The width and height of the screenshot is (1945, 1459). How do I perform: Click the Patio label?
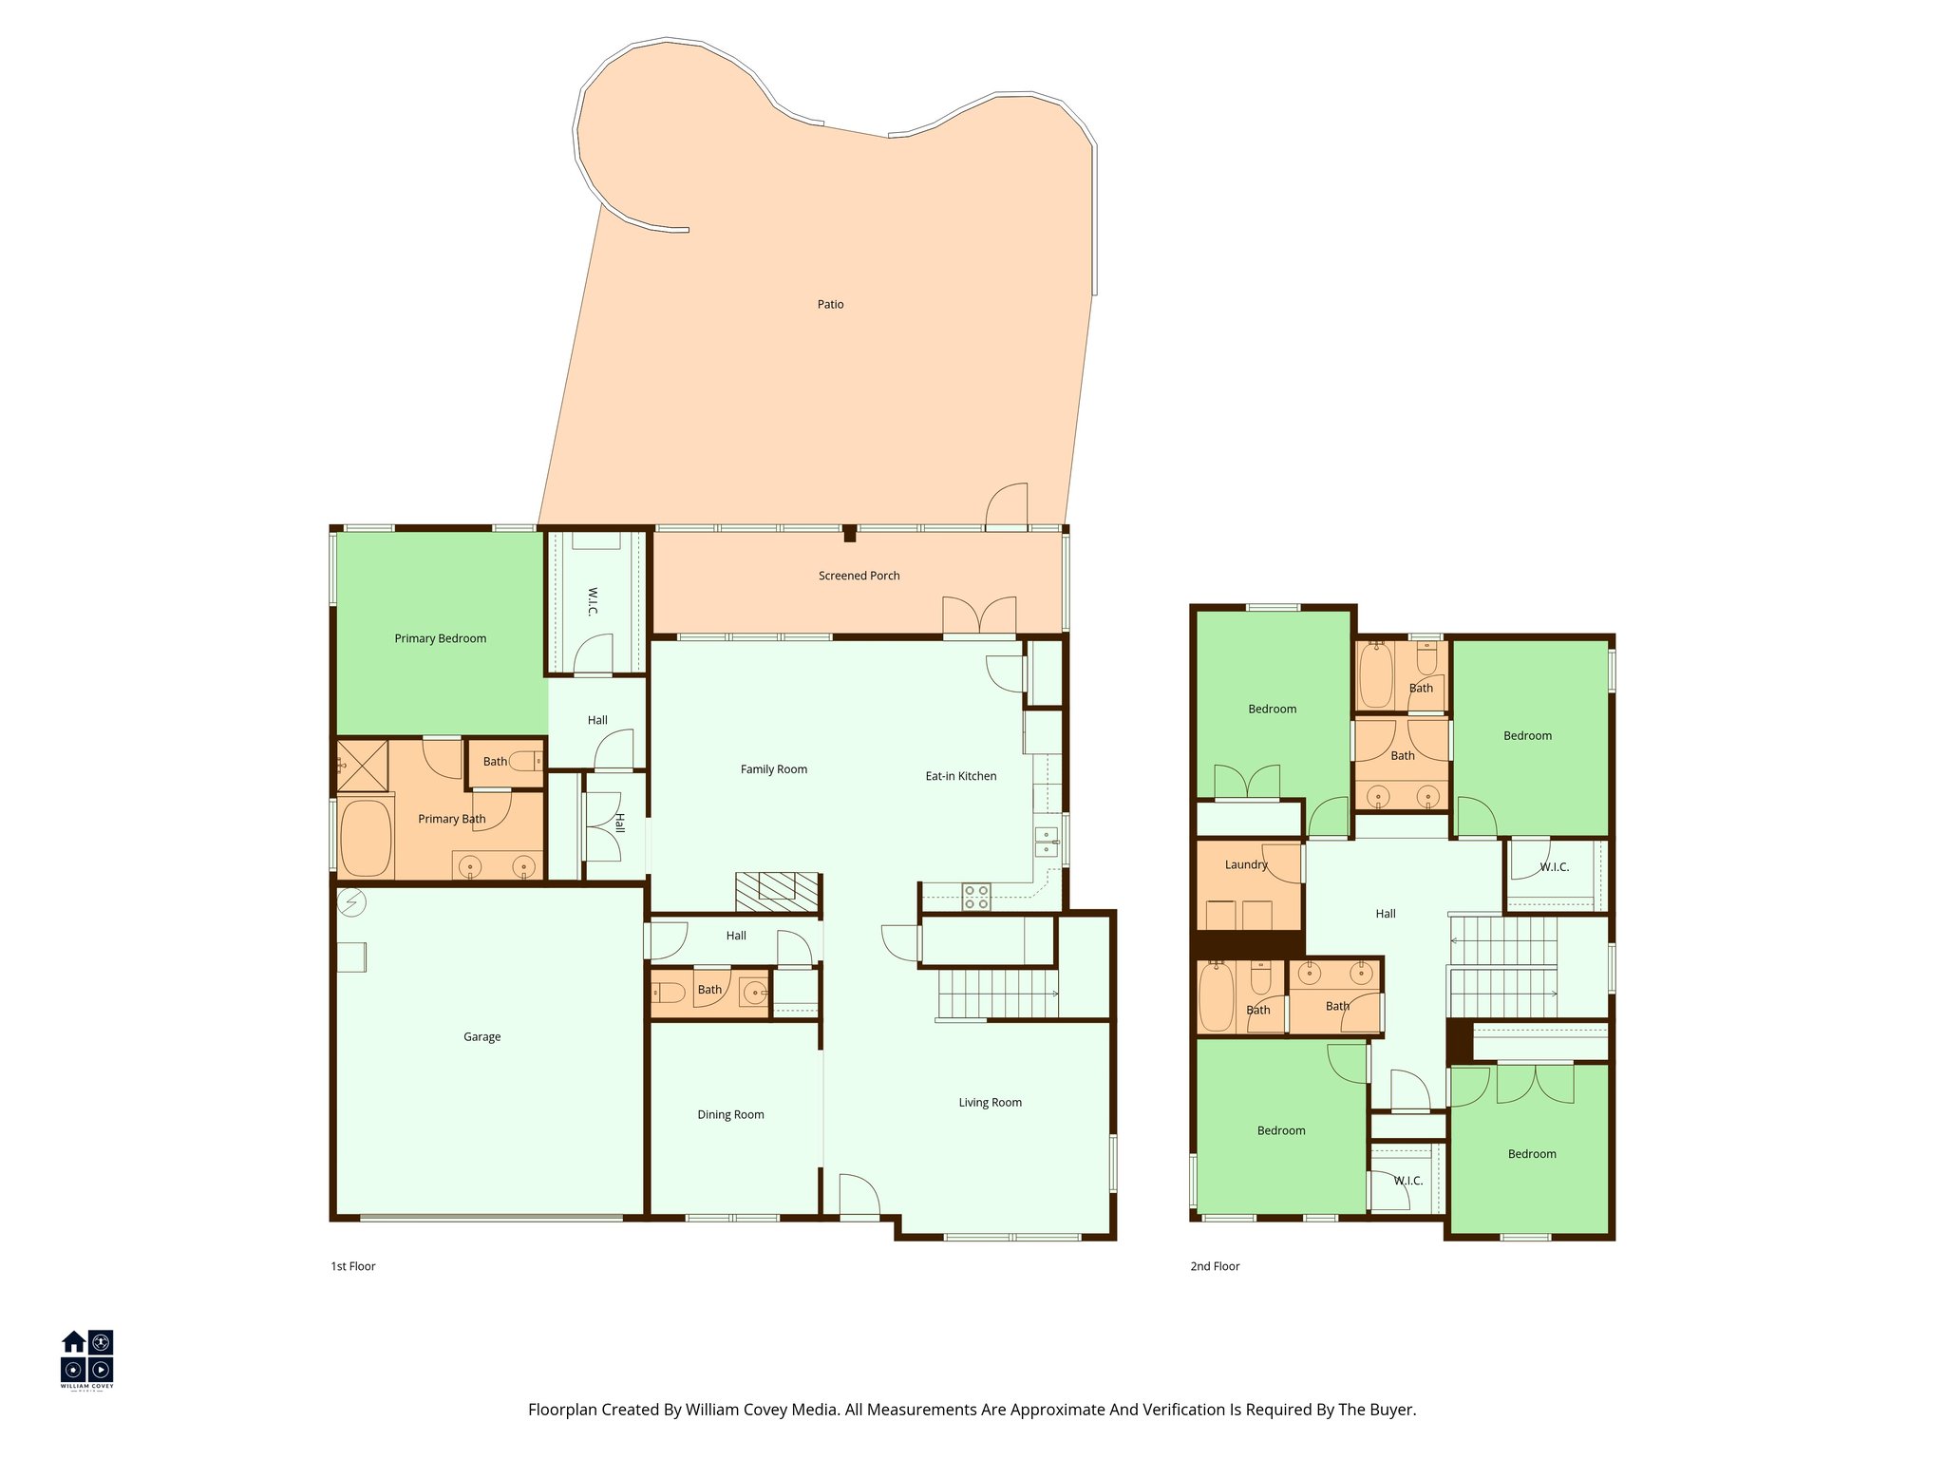[x=830, y=304]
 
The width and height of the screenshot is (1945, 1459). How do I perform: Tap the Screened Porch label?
[x=859, y=576]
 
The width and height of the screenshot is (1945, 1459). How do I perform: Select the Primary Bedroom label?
[x=440, y=638]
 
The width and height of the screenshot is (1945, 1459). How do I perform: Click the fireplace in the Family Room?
[x=777, y=892]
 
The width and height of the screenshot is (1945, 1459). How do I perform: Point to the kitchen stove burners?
[x=976, y=897]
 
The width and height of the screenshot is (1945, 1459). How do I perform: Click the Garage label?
[x=482, y=1036]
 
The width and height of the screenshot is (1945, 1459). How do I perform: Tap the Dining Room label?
[x=730, y=1114]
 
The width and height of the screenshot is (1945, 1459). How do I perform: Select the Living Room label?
[x=990, y=1102]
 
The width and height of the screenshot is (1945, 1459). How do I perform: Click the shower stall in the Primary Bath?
[x=362, y=765]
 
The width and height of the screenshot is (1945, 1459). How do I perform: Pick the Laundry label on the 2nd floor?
[x=1246, y=864]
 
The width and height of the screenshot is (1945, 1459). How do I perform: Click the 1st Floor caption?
[x=352, y=1266]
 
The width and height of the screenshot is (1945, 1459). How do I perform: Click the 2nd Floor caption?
[x=1215, y=1266]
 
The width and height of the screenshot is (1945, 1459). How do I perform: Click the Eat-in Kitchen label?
[x=960, y=776]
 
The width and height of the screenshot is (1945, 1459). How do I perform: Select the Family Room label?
[x=773, y=769]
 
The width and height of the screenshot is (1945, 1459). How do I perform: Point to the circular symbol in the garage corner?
[x=351, y=901]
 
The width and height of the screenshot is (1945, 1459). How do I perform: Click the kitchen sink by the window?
[x=1046, y=842]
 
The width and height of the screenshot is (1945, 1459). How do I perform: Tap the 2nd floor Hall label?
[x=1385, y=914]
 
